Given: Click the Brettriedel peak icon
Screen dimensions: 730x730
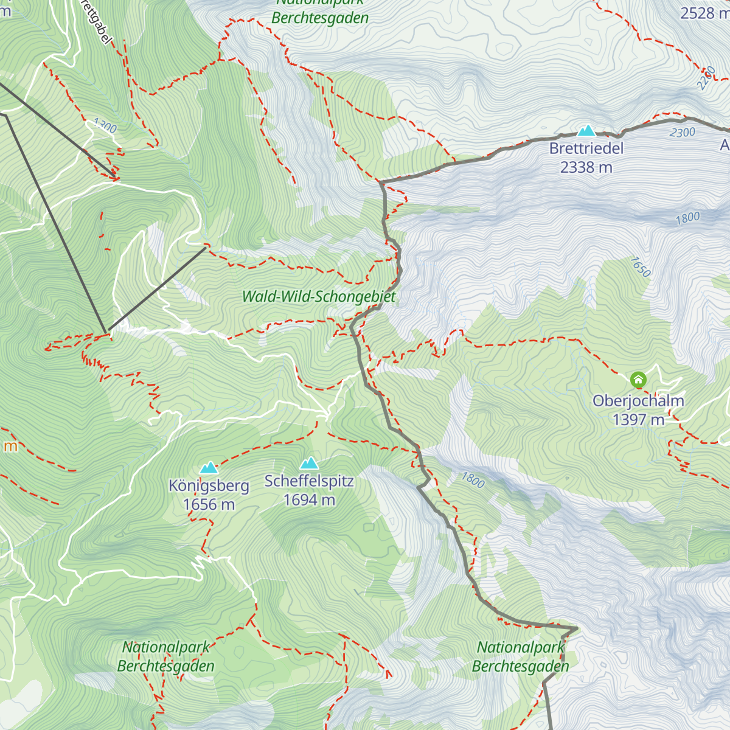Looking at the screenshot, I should (x=586, y=130).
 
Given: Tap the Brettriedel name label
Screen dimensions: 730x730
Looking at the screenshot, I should (x=586, y=148).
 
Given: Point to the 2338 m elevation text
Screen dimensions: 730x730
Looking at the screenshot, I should (x=586, y=167).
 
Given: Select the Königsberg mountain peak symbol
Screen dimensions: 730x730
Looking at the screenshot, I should (x=209, y=468).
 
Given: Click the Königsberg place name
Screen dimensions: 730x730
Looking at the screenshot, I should (x=209, y=486).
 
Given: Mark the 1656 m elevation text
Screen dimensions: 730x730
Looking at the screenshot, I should (x=209, y=504).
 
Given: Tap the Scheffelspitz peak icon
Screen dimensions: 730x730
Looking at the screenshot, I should (x=309, y=464).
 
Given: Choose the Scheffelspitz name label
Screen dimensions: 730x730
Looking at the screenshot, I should (x=309, y=481).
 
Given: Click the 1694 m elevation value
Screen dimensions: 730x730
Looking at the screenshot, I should (x=309, y=500).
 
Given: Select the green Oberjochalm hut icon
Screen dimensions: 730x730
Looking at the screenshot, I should (x=638, y=381).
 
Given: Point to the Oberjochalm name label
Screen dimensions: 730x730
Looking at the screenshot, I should (x=638, y=401).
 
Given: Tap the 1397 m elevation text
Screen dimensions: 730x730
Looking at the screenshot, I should (x=638, y=420).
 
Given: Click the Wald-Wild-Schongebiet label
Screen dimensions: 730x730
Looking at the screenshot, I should (x=319, y=297).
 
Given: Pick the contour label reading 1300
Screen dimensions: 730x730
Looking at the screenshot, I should (x=105, y=126).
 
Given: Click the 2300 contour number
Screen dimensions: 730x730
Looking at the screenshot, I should (x=682, y=133).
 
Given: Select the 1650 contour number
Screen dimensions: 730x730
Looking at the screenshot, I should (x=640, y=267).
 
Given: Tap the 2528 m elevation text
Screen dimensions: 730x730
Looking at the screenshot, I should (x=704, y=13).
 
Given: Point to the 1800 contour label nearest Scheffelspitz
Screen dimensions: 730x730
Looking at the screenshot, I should (x=473, y=480).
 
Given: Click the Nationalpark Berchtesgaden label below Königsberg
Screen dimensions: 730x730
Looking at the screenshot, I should (x=165, y=656).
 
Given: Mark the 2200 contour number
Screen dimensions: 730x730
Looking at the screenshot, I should (x=706, y=78).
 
